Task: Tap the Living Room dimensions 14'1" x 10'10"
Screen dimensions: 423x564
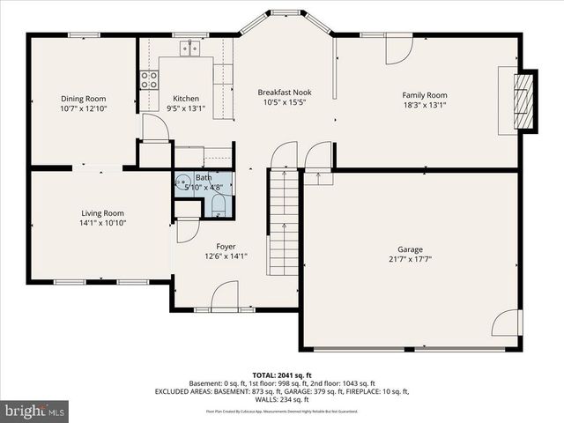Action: [102, 224]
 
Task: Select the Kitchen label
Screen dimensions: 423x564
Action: [186, 99]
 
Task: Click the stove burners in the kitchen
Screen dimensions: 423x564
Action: [148, 80]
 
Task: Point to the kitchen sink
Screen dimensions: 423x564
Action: [189, 48]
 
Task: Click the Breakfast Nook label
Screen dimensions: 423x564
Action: [283, 92]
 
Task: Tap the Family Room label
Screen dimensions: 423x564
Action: [425, 95]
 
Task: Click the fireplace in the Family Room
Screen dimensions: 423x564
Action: [524, 100]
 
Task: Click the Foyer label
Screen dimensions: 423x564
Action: [226, 246]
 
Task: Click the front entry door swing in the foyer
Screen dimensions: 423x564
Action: [225, 295]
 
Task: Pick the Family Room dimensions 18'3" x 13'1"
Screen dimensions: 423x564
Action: [425, 106]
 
